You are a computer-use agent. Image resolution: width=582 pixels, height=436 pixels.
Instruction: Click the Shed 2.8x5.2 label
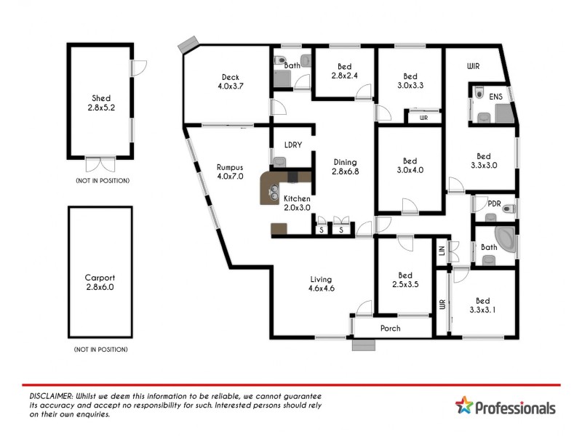[x=100, y=102]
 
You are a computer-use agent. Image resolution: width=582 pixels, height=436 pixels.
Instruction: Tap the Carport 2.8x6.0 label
[x=100, y=282]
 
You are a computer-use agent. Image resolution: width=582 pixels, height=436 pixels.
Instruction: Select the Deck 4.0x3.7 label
[x=230, y=81]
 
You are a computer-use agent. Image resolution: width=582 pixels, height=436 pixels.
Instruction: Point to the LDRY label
[x=293, y=144]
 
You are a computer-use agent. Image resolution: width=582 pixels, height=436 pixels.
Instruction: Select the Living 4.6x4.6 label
[x=321, y=283]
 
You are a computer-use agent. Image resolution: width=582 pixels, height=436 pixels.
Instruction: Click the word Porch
[x=391, y=328]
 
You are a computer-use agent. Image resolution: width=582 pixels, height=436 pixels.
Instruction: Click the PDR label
[x=494, y=203]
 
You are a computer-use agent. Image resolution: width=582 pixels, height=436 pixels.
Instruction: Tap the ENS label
[x=495, y=95]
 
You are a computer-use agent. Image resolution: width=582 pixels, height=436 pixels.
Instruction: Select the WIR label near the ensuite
[x=474, y=66]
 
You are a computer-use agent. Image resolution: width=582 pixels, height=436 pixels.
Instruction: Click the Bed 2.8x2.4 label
[x=344, y=70]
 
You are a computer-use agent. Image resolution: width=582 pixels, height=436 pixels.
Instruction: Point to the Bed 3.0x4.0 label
[x=410, y=166]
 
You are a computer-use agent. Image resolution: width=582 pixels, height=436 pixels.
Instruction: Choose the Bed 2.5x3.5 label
[x=405, y=280]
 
